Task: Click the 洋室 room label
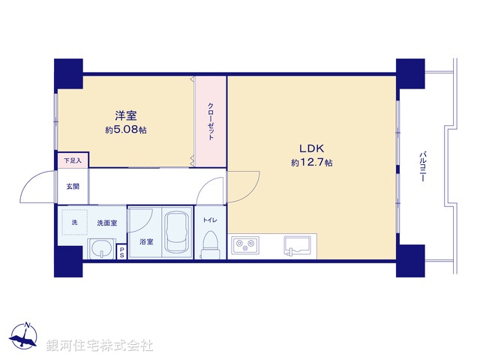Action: (125, 115)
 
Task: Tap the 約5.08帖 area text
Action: (125, 130)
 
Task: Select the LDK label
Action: (312, 148)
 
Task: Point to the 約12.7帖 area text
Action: (312, 163)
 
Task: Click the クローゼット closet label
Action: (211, 121)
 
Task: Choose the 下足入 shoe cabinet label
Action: (73, 160)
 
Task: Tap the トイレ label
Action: (211, 220)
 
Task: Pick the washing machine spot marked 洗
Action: (74, 223)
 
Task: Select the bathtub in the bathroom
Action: (177, 234)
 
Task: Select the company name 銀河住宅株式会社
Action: (100, 346)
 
